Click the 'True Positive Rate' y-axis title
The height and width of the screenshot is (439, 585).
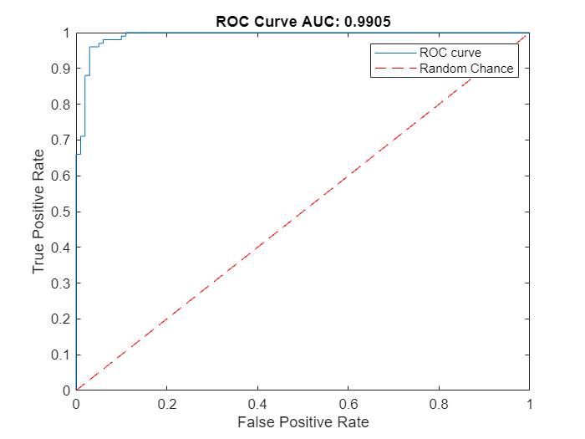pyautogui.click(x=38, y=212)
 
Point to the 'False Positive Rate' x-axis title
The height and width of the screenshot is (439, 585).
pyautogui.click(x=303, y=422)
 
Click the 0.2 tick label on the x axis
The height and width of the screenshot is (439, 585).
pyautogui.click(x=166, y=402)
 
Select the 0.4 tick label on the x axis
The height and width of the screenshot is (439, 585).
pyautogui.click(x=257, y=402)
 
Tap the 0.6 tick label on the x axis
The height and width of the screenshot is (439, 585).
pyautogui.click(x=348, y=402)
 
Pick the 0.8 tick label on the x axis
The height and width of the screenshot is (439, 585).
pyautogui.click(x=438, y=402)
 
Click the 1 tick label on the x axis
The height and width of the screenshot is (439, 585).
pyautogui.click(x=529, y=402)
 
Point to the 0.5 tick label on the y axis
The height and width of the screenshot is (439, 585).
pyautogui.click(x=60, y=212)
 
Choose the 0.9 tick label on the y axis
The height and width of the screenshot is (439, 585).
pyautogui.click(x=60, y=69)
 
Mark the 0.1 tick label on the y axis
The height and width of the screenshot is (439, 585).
pyautogui.click(x=60, y=355)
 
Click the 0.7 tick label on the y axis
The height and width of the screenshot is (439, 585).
pyautogui.click(x=60, y=140)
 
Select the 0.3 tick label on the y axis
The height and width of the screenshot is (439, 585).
pyautogui.click(x=60, y=283)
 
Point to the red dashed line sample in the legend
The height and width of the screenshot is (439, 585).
pyautogui.click(x=394, y=69)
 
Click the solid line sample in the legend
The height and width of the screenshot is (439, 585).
pyautogui.click(x=394, y=53)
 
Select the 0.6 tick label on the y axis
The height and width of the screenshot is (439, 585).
pyautogui.click(x=60, y=176)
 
